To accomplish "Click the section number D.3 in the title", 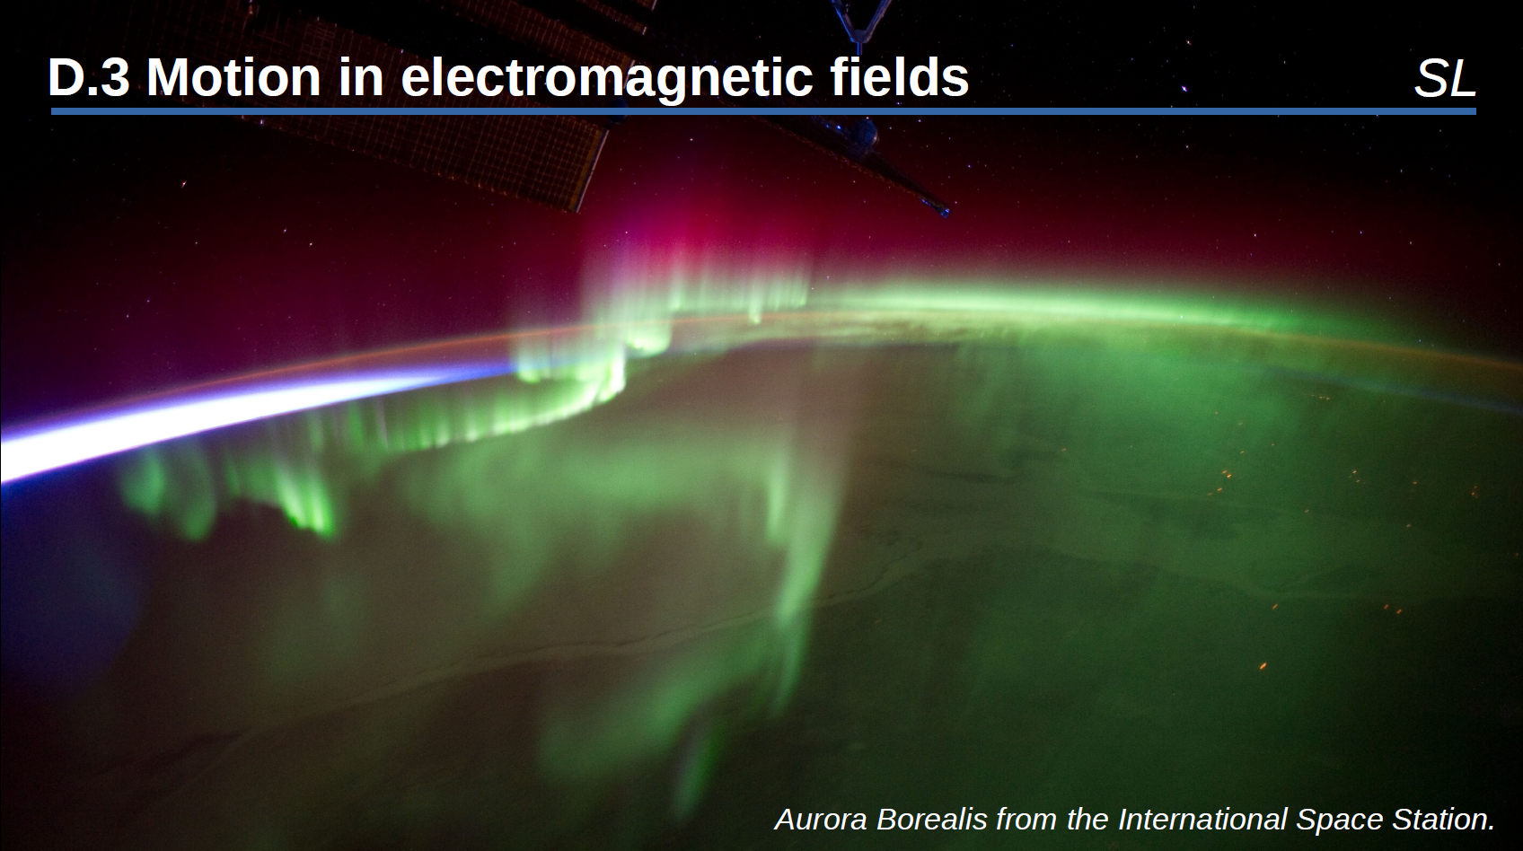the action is (x=88, y=77).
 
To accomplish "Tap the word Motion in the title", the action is (x=233, y=77).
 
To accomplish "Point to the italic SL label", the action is (x=1445, y=79).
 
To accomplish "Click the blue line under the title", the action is (x=763, y=111).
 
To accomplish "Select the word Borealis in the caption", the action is (x=931, y=819).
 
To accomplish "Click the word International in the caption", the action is (x=1202, y=819).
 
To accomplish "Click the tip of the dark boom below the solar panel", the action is (x=946, y=212).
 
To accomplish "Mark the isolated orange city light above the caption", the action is (x=1263, y=666).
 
